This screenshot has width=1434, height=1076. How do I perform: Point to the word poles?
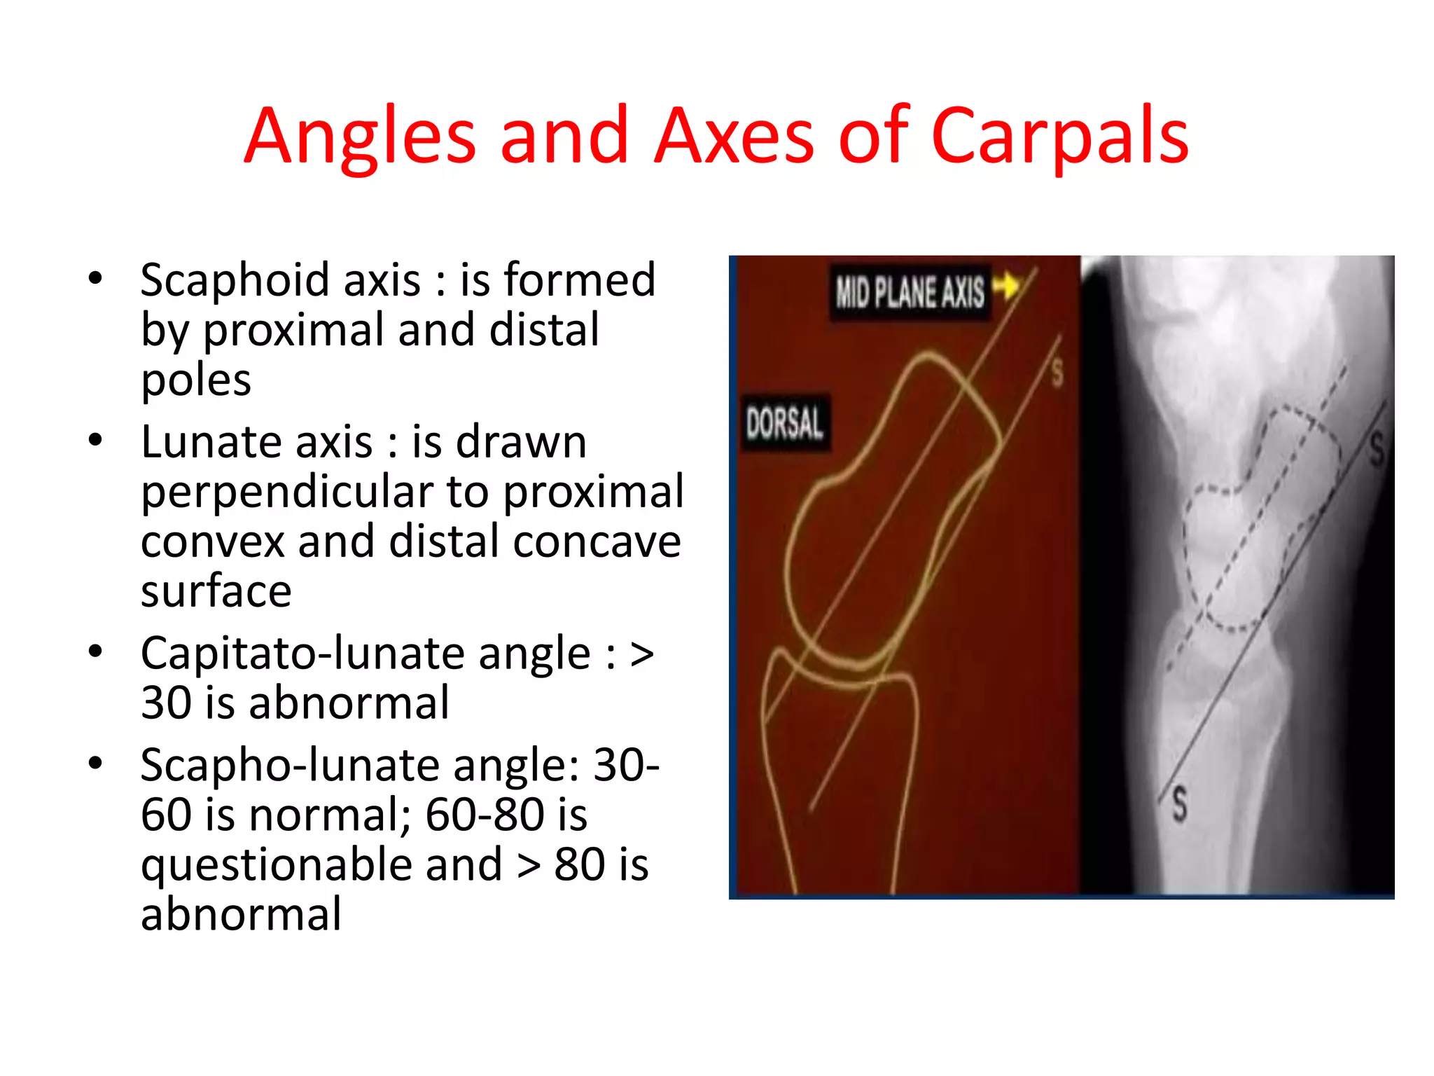coord(196,380)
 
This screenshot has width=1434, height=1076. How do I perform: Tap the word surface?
coord(216,591)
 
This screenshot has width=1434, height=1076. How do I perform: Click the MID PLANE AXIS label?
coord(910,292)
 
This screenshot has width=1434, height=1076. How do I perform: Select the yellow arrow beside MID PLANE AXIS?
coord(1006,286)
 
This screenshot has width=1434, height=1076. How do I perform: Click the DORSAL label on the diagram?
coord(784,423)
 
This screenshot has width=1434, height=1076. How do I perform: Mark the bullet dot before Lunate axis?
coord(96,441)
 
